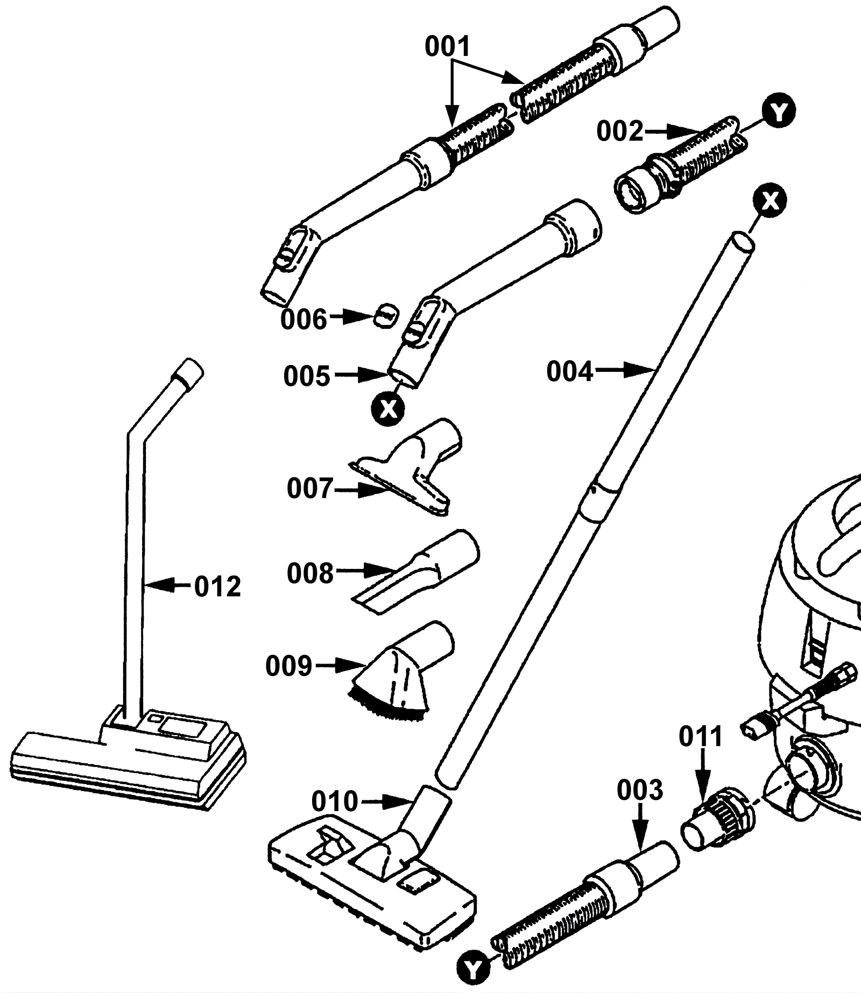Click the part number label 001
(448, 47)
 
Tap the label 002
(620, 131)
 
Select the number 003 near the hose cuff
(640, 791)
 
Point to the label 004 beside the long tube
(570, 371)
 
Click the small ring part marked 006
(386, 314)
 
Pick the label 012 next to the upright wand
(217, 587)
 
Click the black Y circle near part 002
(779, 112)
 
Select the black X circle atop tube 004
(770, 201)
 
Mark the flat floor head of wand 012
(128, 759)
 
